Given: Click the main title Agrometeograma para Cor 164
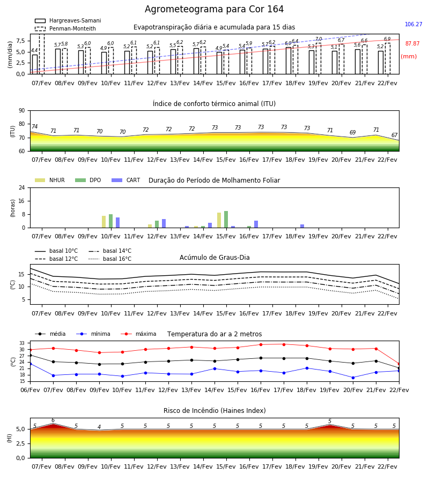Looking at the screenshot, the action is [x=214, y=9].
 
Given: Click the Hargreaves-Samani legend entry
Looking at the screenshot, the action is [x=68, y=20].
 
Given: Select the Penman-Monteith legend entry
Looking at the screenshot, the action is [x=65, y=28].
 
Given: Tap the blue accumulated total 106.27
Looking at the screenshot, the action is [x=413, y=24].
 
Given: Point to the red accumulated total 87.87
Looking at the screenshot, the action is [x=412, y=44].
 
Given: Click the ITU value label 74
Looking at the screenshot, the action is [x=34, y=126].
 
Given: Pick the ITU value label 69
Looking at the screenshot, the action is [x=352, y=132].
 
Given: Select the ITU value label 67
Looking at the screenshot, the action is [x=394, y=135].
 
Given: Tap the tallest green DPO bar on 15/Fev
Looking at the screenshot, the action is [x=226, y=220].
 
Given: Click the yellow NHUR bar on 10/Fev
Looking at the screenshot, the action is [x=103, y=222].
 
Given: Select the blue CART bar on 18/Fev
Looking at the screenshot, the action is [x=302, y=226].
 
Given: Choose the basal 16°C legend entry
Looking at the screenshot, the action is [x=110, y=259].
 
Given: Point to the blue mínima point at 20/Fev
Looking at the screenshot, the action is [x=353, y=378].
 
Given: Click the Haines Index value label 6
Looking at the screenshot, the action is [x=53, y=420].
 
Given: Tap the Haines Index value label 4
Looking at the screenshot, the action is [x=99, y=427].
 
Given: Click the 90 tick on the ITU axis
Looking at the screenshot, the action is [x=22, y=111].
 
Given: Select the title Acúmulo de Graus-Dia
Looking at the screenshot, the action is [x=214, y=258].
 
